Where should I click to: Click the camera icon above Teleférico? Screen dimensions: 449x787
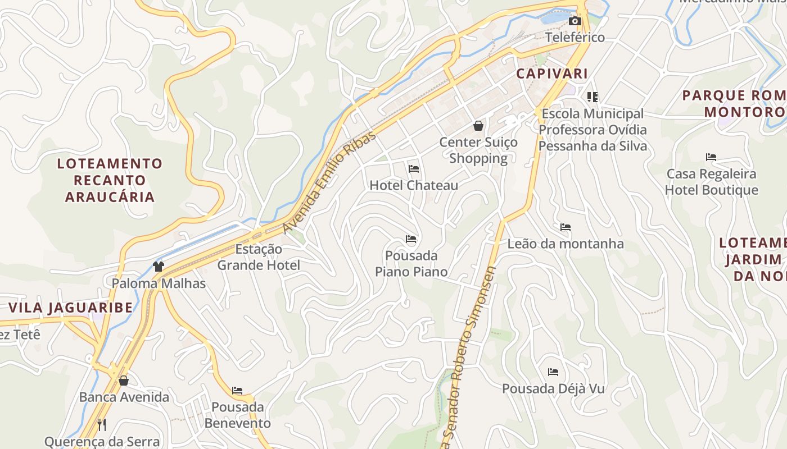coord(575,21)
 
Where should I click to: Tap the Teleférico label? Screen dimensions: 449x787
coord(575,38)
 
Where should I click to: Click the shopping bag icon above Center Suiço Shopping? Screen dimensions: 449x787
coord(478,126)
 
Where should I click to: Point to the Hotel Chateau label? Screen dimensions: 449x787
coord(414,185)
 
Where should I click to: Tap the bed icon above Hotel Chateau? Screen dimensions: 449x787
coord(414,168)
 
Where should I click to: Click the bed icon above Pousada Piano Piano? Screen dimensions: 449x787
coord(411,240)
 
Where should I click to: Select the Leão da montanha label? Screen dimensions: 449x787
coord(566,244)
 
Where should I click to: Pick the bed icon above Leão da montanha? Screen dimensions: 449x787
coord(566,227)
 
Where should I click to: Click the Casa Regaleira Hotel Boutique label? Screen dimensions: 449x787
coord(711,182)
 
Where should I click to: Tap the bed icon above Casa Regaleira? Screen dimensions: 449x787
coord(711,157)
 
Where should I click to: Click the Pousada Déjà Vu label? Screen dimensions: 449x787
coord(553,388)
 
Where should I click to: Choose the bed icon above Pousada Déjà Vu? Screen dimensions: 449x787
coord(553,372)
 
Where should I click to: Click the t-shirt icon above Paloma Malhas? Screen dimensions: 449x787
coord(159,267)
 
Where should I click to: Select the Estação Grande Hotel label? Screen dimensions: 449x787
coord(259,257)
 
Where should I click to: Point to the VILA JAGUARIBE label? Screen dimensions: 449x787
coord(71,308)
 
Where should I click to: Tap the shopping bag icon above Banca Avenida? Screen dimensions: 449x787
coord(124,381)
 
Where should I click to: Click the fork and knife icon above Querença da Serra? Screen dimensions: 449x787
coord(102,424)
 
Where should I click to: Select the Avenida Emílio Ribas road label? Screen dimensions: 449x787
coord(329,183)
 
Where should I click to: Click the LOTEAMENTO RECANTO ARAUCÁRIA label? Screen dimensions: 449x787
coord(110,180)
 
